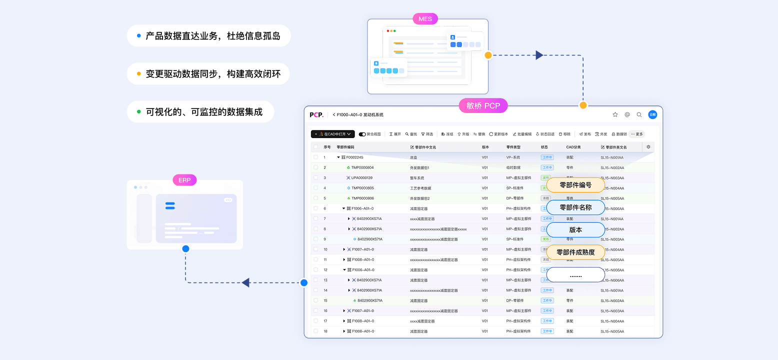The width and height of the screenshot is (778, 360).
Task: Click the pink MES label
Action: click(x=425, y=19)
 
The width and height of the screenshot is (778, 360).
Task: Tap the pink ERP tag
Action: click(x=184, y=180)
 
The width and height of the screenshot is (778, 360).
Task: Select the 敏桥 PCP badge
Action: click(x=483, y=105)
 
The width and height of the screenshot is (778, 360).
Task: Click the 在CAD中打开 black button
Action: click(x=333, y=134)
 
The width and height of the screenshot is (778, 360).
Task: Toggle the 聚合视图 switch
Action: click(x=362, y=134)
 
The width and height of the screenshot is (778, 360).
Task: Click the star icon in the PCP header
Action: click(x=615, y=114)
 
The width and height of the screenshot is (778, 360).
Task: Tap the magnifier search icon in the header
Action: click(x=639, y=114)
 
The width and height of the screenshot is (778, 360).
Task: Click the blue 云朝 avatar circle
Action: click(x=652, y=114)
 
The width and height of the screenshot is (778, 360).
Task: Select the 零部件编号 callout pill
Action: click(x=575, y=185)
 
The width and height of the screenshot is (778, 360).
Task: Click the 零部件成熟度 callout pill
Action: click(x=575, y=252)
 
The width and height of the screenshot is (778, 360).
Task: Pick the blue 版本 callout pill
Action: click(x=575, y=230)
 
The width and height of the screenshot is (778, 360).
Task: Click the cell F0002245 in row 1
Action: click(x=354, y=157)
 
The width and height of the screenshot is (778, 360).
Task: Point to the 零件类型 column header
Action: click(x=513, y=147)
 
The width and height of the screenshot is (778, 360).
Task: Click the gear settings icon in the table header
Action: click(x=648, y=147)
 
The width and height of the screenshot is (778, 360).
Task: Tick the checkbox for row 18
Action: click(x=315, y=331)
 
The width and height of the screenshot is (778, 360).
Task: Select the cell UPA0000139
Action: click(x=361, y=178)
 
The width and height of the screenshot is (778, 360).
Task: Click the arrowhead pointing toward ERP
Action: click(x=245, y=282)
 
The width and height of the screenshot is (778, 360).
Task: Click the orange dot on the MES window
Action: click(x=488, y=55)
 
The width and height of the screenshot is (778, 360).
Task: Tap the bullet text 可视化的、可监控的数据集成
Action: click(x=204, y=112)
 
